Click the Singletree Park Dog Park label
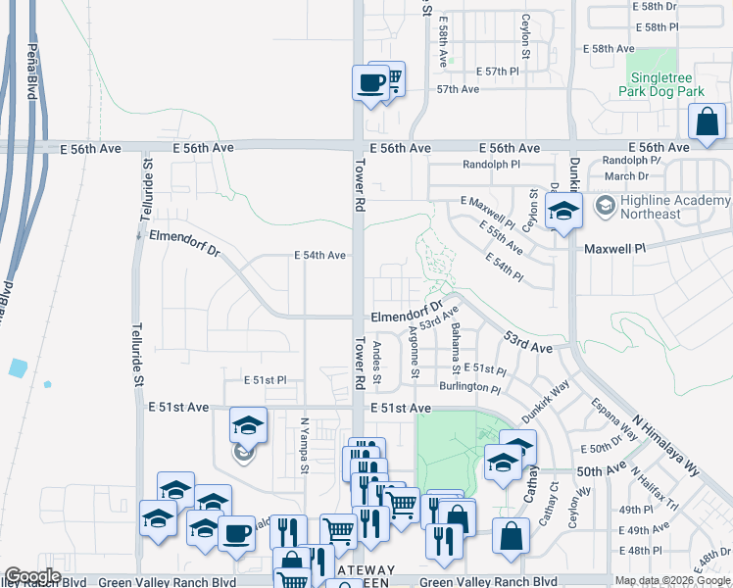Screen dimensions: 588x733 [661, 84]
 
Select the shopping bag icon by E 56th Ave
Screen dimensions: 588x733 [707, 124]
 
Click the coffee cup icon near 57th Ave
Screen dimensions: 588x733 [371, 83]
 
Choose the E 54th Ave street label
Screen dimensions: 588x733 [319, 255]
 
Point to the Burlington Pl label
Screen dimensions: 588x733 [470, 388]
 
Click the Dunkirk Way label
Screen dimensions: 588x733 [545, 402]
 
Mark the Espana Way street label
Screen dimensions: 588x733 [612, 419]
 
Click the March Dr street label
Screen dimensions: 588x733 [626, 176]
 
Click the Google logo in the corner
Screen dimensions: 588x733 [32, 576]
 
